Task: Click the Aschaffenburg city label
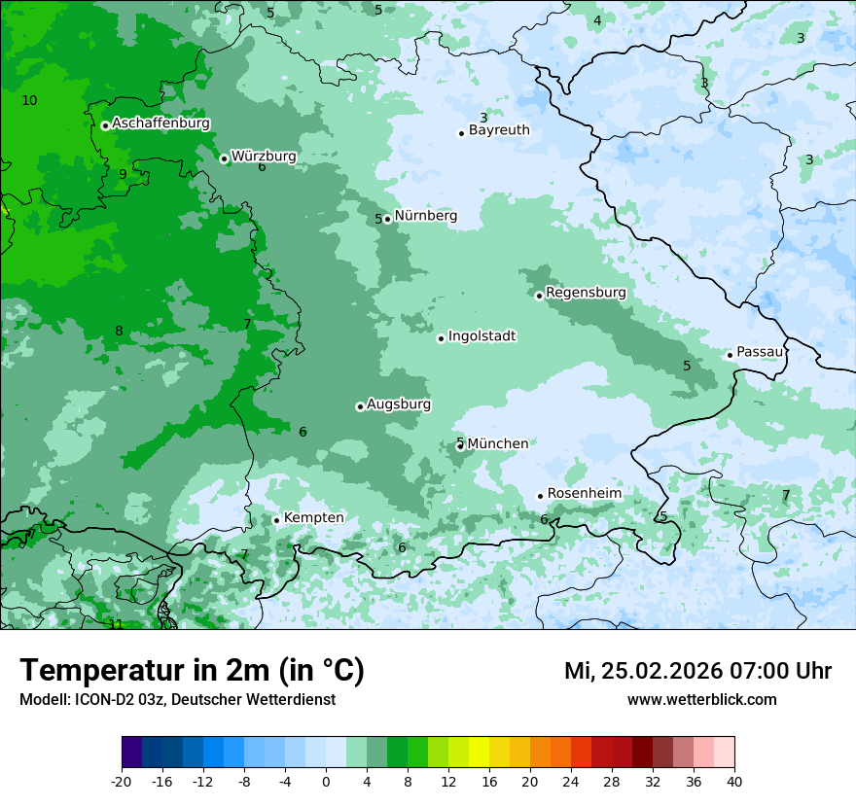coord(160,123)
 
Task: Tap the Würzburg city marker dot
coord(224,158)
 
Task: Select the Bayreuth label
coord(499,130)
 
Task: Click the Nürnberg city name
coord(425,216)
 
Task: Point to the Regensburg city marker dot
coord(539,296)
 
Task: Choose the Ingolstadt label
coord(481,336)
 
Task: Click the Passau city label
coord(759,352)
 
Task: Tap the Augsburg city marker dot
coord(360,406)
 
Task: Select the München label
coord(497,444)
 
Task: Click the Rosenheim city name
coord(584,494)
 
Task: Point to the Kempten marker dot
coord(276,520)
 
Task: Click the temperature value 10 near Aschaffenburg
coord(29,100)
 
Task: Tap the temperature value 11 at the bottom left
coord(116,624)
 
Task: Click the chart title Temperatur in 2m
coord(192,671)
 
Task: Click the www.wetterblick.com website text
coord(701,700)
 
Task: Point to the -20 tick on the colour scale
coord(122,781)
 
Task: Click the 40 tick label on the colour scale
coord(734,781)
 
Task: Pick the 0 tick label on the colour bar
coord(326,781)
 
